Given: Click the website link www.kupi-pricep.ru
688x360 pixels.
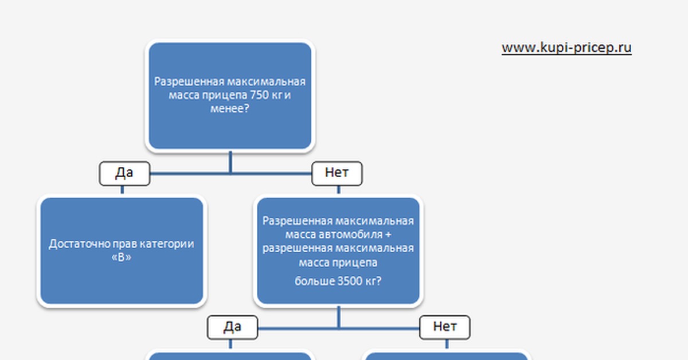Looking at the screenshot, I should [x=566, y=48].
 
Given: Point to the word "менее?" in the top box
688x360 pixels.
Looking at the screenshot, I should [x=230, y=108].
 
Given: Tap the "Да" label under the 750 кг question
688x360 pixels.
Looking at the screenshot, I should [x=124, y=173].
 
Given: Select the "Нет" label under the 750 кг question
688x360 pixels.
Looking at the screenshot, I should [x=337, y=173].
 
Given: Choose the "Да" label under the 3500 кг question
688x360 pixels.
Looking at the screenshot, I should [x=232, y=327].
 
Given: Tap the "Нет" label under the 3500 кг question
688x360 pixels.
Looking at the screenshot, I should [x=445, y=327].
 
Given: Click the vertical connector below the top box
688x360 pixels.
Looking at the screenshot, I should [x=230, y=161].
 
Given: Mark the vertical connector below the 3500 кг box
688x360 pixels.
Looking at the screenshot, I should [x=338, y=316].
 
